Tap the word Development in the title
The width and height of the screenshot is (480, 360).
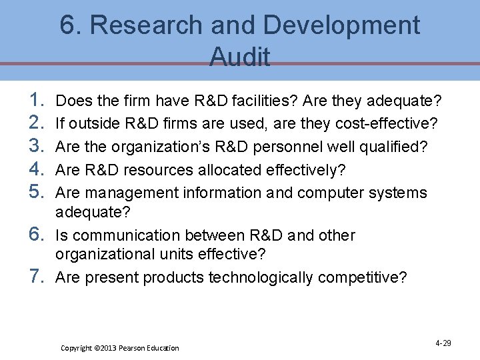(x=341, y=26)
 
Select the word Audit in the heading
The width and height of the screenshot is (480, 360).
(x=240, y=57)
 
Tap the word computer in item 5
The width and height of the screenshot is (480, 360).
(x=335, y=193)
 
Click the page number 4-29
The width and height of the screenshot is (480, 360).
(x=443, y=343)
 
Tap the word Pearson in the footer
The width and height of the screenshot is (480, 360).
(x=133, y=348)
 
